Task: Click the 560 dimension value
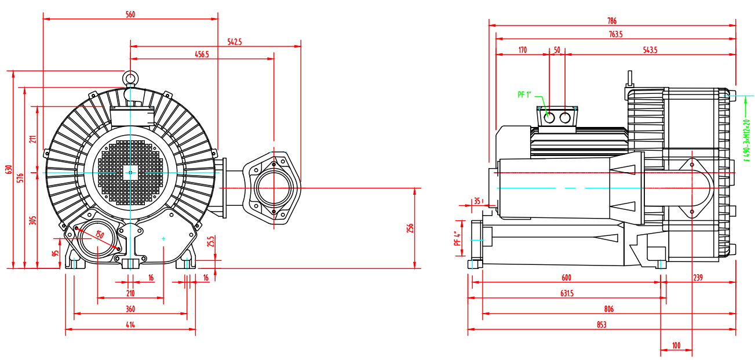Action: (x=130, y=14)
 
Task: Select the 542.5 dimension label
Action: (x=235, y=42)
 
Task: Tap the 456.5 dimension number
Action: (x=202, y=54)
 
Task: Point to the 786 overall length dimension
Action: (x=612, y=21)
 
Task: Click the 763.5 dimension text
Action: (x=615, y=35)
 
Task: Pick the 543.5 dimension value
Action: (x=650, y=50)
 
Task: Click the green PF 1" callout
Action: (x=525, y=94)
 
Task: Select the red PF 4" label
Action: (x=457, y=238)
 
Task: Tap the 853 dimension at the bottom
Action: (x=601, y=325)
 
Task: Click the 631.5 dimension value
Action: (x=567, y=294)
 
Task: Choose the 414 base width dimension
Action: (x=130, y=325)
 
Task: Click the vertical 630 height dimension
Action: (x=9, y=169)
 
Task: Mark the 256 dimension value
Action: (x=410, y=228)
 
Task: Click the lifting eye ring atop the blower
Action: (x=130, y=78)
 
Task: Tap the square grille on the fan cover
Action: (x=130, y=172)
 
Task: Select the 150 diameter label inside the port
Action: (x=99, y=235)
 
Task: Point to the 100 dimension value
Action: (x=676, y=346)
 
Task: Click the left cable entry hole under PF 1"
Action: (x=550, y=118)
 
